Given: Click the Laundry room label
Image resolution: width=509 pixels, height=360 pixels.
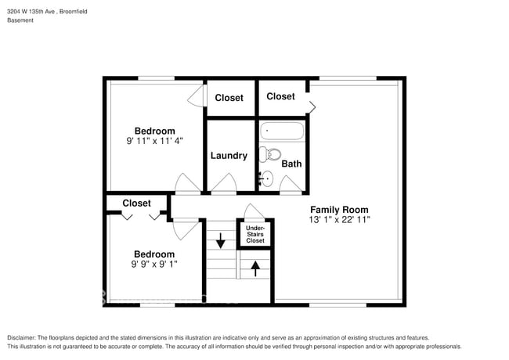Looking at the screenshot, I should pos(229,156).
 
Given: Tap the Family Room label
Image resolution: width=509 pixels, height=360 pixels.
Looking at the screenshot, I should pos(339,210).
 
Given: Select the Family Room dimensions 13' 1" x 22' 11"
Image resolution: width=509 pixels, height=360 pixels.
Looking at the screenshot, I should pos(339,221).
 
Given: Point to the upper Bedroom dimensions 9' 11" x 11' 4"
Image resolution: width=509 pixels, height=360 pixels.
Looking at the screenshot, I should pos(154,142).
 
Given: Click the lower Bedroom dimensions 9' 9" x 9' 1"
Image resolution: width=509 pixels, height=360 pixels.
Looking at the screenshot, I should pos(153,265).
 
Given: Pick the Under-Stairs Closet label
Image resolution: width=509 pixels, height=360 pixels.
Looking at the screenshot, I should pos(255,233).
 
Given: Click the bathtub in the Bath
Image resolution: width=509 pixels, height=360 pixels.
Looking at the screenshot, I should pos(281,131).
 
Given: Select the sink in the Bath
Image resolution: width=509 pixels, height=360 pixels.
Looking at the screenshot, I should pos(266,178).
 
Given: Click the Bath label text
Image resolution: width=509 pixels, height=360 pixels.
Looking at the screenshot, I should pos(291,164).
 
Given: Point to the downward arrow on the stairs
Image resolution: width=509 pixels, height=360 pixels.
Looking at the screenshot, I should pos(221,239).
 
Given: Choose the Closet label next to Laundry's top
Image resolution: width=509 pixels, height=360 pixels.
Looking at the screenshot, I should pos(229,99).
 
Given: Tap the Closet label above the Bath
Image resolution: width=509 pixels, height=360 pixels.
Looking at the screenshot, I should pos(280,96).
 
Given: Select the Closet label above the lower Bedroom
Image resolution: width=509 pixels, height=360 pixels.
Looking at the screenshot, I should pos(136,203).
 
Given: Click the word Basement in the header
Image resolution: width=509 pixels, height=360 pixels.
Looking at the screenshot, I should pos(20,20).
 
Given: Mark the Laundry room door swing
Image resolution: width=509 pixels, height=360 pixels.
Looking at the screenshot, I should pos(224,185).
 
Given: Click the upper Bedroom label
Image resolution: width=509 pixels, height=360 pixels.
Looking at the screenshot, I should pos(154,131).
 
